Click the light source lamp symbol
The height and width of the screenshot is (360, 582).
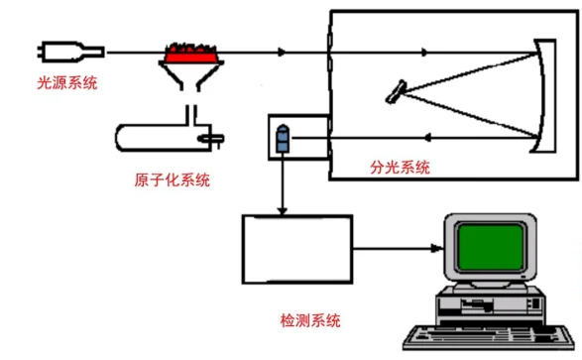click(70, 50)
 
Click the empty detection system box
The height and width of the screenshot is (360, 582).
click(297, 249)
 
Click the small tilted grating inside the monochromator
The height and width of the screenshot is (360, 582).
click(397, 92)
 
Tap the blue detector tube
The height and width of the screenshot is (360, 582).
click(283, 138)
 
